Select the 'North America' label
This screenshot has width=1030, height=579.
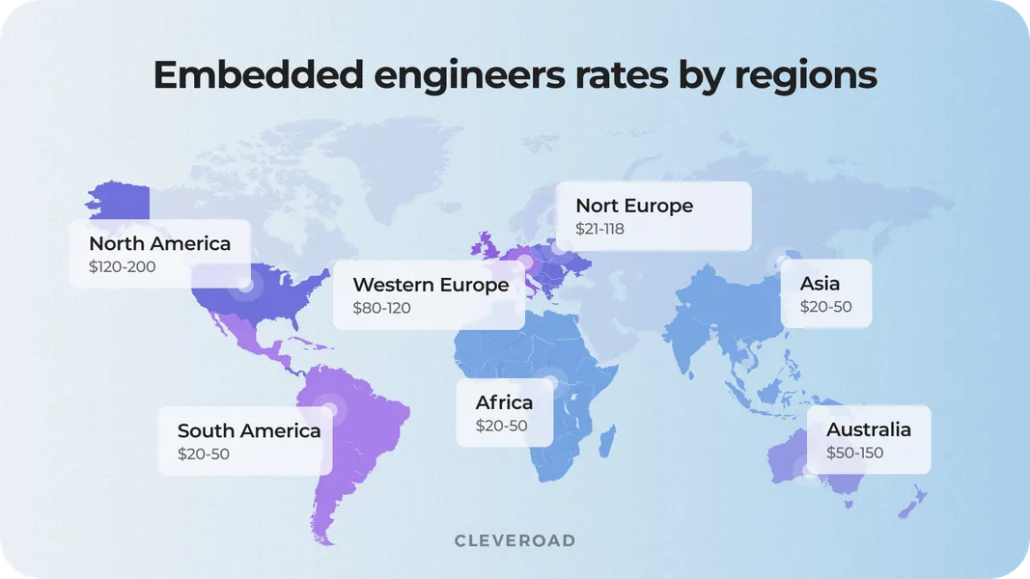click(159, 243)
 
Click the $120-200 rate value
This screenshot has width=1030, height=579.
click(122, 267)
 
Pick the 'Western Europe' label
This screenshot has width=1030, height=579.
click(431, 285)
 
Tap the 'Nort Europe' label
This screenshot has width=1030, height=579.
click(634, 206)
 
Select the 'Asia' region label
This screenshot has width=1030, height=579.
click(820, 283)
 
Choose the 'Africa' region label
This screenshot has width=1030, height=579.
click(504, 401)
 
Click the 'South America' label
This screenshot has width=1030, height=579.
click(249, 430)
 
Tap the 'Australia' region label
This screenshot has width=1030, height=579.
click(868, 429)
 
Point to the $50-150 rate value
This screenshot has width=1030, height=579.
click(854, 453)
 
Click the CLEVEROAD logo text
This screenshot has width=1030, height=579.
click(515, 540)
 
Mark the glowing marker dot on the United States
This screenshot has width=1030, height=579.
click(245, 285)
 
